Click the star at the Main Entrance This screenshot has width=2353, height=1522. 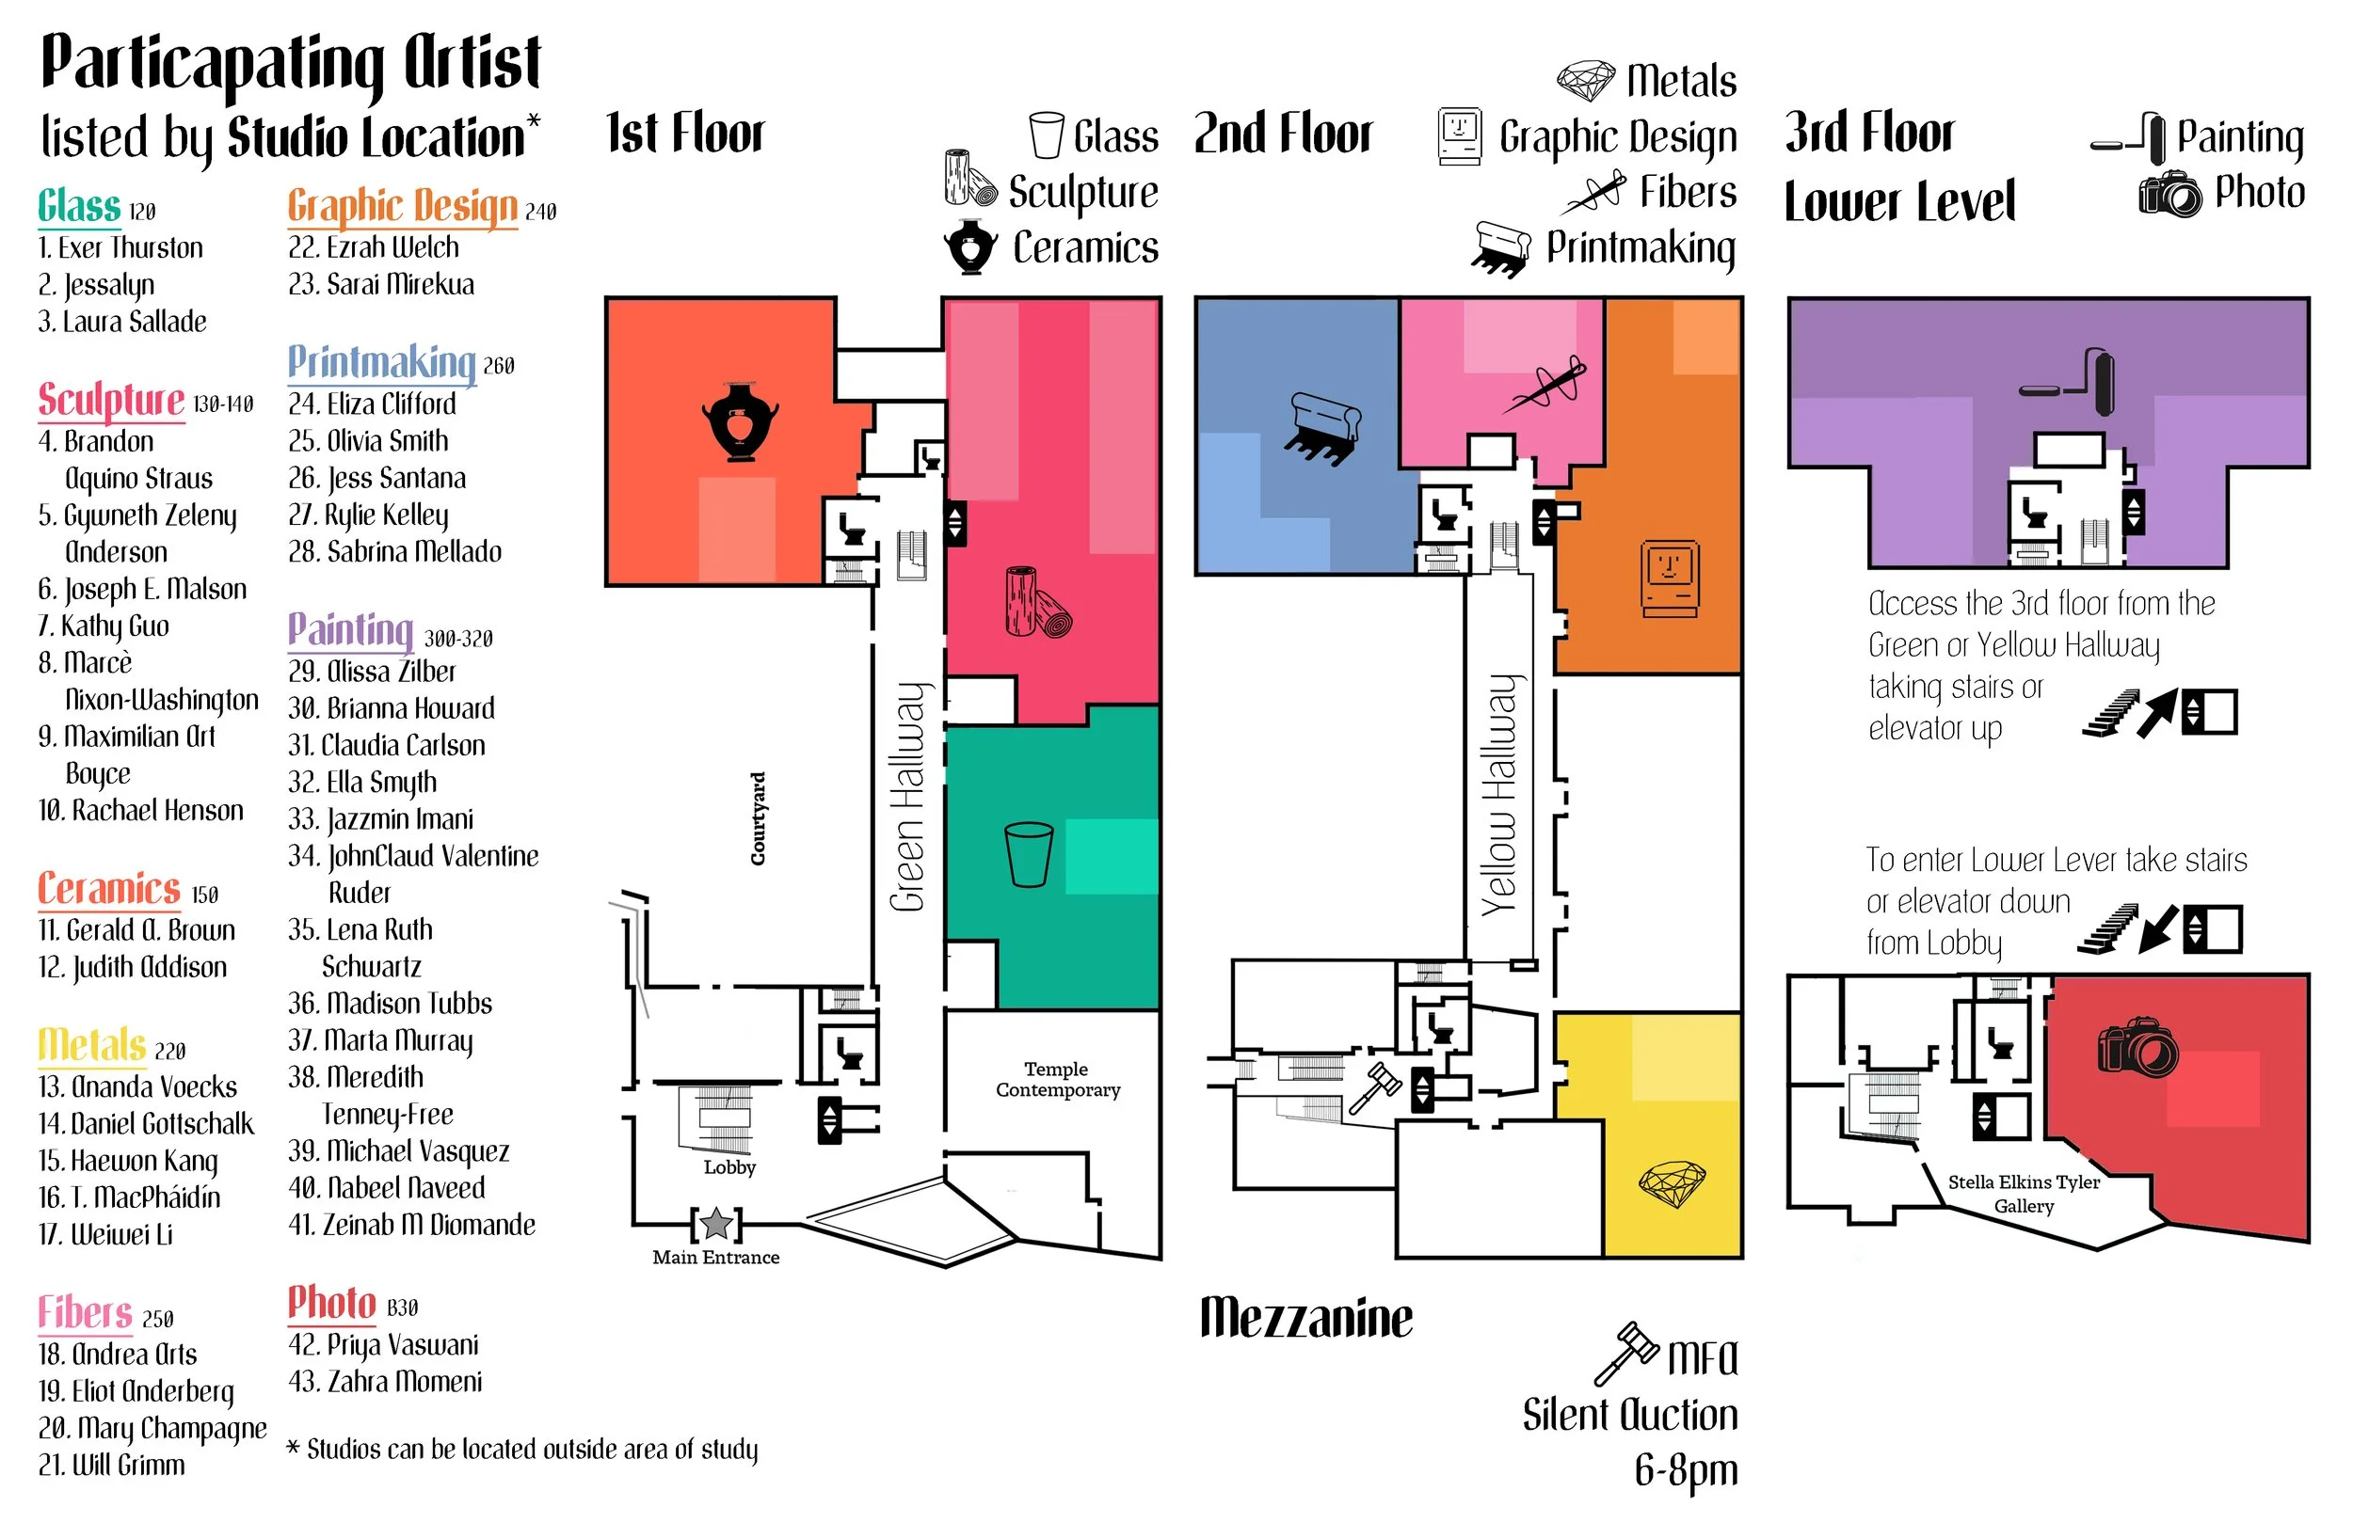pos(716,1224)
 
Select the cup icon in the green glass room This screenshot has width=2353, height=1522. pos(1028,854)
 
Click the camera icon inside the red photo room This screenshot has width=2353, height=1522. pos(2137,1048)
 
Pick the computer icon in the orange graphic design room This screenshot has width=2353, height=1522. pos(1670,579)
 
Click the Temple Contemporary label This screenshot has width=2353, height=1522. pos(1057,1079)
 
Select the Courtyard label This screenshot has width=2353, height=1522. pos(759,818)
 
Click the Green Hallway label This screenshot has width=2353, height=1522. pos(907,796)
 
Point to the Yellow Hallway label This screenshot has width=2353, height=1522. pos(1499,796)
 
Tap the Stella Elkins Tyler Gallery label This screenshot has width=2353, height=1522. pos(2023,1193)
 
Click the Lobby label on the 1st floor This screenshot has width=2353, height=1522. pos(729,1167)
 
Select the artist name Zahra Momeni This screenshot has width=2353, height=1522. pos(386,1382)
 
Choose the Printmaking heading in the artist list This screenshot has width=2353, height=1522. pos(381,363)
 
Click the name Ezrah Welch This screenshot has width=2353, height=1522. pos(374,247)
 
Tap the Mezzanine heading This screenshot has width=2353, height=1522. pos(1306,1320)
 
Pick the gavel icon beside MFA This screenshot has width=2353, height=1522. pos(1625,1353)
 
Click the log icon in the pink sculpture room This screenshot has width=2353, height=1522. pos(1037,602)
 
